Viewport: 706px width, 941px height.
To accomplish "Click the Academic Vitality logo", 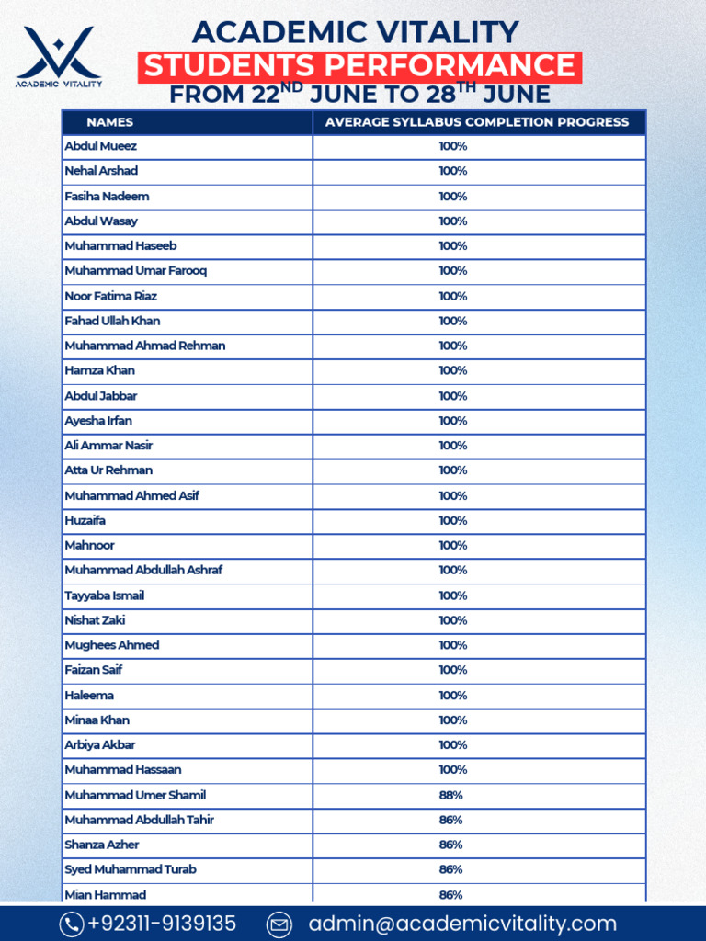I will tap(60, 55).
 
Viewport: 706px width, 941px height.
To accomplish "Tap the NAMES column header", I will tap(109, 122).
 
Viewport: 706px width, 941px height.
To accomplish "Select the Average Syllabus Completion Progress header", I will tap(477, 122).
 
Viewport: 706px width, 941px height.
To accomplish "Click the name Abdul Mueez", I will tap(100, 146).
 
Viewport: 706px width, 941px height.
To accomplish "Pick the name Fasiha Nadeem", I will tap(107, 196).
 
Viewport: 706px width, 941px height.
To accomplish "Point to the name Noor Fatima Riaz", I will tap(110, 296).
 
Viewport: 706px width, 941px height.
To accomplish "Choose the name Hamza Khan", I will tap(99, 370).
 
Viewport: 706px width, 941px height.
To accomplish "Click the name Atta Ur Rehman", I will tap(108, 470).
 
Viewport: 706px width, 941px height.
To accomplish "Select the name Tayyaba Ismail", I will tap(104, 595).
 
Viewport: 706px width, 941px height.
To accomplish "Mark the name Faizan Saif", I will tap(93, 670).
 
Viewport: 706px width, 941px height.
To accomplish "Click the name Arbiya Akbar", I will tap(100, 744).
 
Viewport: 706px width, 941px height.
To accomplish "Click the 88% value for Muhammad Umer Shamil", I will tap(451, 795).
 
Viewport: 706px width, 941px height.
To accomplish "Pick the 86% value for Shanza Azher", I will tap(451, 845).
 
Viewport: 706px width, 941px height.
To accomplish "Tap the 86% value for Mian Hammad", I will tap(451, 894).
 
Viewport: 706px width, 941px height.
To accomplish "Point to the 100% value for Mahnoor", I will tap(453, 545).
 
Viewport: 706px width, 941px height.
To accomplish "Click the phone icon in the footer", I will tap(72, 924).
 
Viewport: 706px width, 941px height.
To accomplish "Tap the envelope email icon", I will tap(279, 924).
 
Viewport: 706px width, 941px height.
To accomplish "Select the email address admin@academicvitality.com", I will tap(462, 924).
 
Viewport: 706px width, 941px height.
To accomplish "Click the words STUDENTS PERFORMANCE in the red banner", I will tap(359, 66).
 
